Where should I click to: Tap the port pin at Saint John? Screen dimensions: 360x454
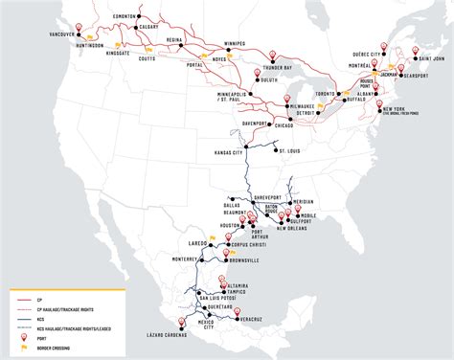414,52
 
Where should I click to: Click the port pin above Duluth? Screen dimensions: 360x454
259,72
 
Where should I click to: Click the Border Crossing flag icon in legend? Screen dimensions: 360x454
13,350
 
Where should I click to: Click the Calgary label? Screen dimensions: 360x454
148,27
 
